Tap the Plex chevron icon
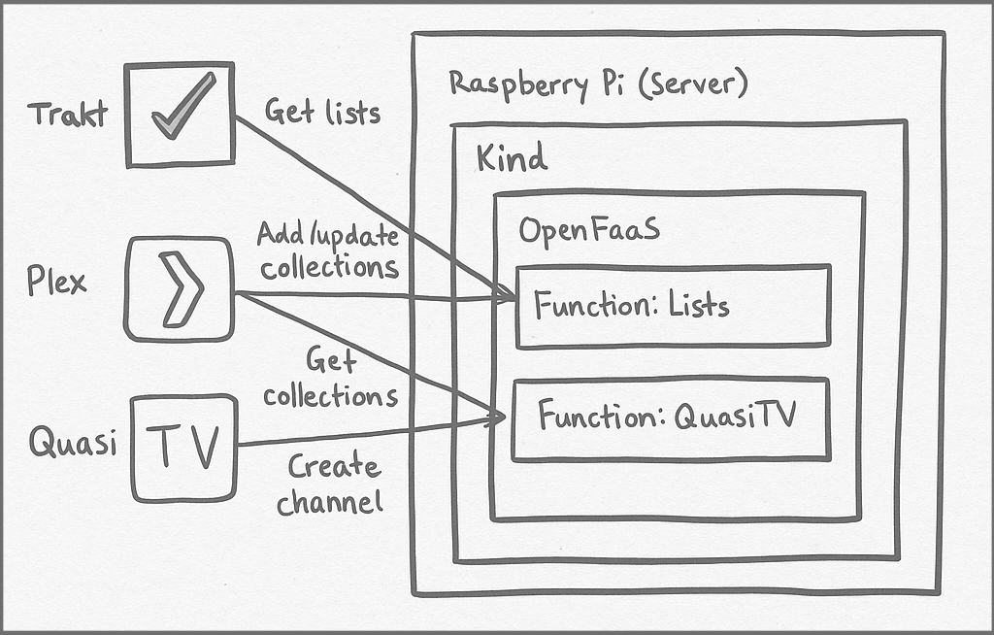(x=181, y=288)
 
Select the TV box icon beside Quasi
(x=184, y=448)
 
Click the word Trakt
(x=67, y=115)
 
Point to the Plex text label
(x=57, y=283)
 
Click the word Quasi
(x=73, y=443)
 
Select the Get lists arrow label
(x=322, y=112)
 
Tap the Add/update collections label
(x=329, y=251)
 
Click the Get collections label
(x=331, y=380)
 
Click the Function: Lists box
(x=672, y=306)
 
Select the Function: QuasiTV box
(x=670, y=418)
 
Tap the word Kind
(x=511, y=157)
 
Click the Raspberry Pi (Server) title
(x=598, y=84)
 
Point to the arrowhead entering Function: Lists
(x=506, y=294)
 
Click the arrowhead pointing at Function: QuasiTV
(x=497, y=418)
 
